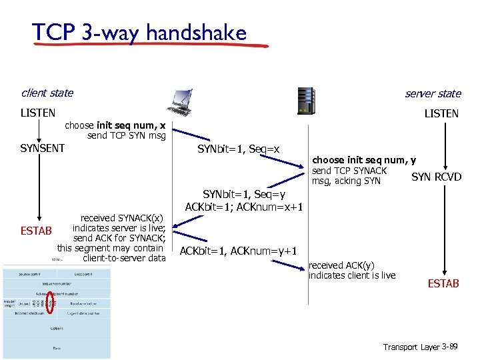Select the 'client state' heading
coord(47,93)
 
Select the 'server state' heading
coord(433,94)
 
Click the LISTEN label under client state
coord(38,113)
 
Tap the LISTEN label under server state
coord(441,114)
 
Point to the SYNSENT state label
coord(43,148)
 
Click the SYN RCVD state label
coord(436,177)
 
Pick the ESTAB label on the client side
coord(36,231)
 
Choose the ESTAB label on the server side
coord(443,284)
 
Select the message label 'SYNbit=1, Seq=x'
coord(238,149)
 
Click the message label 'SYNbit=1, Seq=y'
coord(244,194)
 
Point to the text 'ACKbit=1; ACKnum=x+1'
coord(245,207)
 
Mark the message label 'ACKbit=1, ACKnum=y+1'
coord(238,251)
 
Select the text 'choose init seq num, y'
coord(364,160)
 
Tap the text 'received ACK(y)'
coord(341,265)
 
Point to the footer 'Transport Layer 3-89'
coord(421,347)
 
